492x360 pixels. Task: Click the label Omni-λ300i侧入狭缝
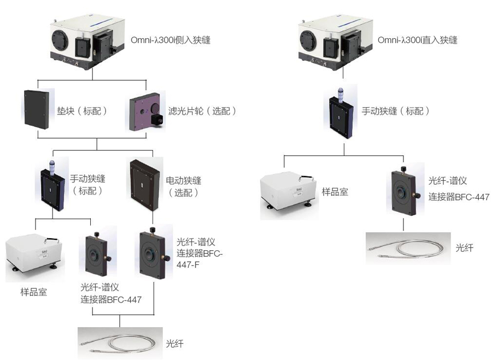click(171, 40)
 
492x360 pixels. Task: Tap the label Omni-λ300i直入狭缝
click(417, 40)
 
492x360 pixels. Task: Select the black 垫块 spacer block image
click(38, 110)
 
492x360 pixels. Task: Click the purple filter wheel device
click(147, 113)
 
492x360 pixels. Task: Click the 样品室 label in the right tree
click(335, 192)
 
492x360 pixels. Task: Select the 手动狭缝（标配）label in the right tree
click(396, 111)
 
